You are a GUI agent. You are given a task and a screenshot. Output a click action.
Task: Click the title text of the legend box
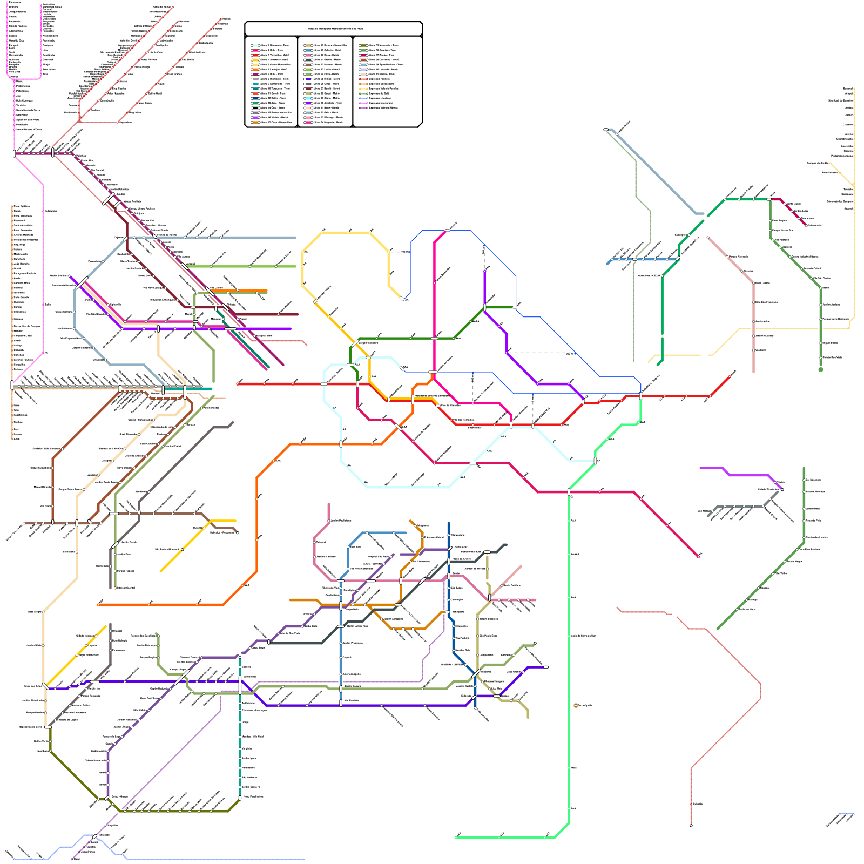coord(333,29)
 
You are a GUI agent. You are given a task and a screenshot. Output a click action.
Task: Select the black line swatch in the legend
coord(255,107)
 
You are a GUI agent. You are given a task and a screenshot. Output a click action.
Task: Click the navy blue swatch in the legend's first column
coord(255,98)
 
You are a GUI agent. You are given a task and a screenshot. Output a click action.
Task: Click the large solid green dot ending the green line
coord(821,370)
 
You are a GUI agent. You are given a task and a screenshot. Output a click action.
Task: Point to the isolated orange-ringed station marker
coord(576,706)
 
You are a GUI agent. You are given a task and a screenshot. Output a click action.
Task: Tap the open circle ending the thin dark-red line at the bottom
coord(691,826)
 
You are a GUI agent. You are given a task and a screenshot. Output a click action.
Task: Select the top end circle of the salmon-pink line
coord(708,238)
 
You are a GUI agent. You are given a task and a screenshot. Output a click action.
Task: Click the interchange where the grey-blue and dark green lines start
coord(606,130)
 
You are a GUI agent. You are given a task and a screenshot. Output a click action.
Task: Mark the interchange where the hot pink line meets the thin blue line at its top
coord(448,231)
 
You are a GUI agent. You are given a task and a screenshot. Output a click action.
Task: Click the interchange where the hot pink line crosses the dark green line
coord(434,339)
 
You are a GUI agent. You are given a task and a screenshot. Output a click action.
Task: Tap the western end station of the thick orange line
coord(98,605)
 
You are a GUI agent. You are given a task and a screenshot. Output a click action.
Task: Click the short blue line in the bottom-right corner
coord(846,813)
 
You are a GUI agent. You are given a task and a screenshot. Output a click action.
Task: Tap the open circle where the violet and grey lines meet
coord(782,490)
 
